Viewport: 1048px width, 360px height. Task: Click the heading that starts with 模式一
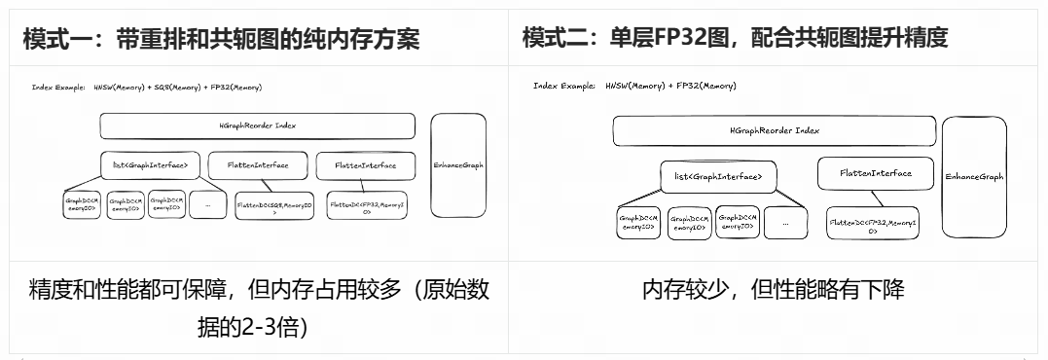(x=221, y=38)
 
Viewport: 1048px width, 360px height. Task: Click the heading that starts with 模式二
(x=734, y=38)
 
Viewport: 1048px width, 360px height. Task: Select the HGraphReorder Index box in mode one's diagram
(x=257, y=126)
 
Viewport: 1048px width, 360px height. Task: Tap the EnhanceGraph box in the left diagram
(x=458, y=165)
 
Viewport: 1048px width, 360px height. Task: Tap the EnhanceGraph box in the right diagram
(x=973, y=177)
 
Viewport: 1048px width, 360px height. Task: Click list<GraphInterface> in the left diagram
(x=151, y=165)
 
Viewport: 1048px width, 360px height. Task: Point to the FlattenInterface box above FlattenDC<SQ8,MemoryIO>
(x=257, y=165)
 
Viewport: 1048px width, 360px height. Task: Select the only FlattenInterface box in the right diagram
(x=876, y=173)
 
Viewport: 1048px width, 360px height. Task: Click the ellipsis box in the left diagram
(x=207, y=204)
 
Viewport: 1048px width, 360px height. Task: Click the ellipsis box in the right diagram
(x=785, y=222)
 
